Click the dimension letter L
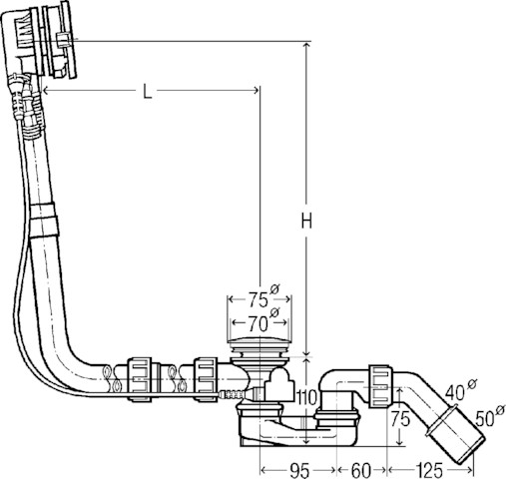coord(147,91)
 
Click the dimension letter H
coord(306,221)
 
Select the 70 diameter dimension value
coord(262,321)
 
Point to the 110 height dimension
coord(305,397)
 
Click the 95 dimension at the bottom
coord(298,470)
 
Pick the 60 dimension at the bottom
coord(360,470)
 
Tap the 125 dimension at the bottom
coord(429,470)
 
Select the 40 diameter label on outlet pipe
coord(460,390)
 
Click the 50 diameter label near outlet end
coord(490,416)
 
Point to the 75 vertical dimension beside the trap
coord(400,419)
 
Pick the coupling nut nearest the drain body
coord(206,379)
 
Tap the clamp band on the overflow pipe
coord(44,220)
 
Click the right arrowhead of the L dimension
coord(255,90)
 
